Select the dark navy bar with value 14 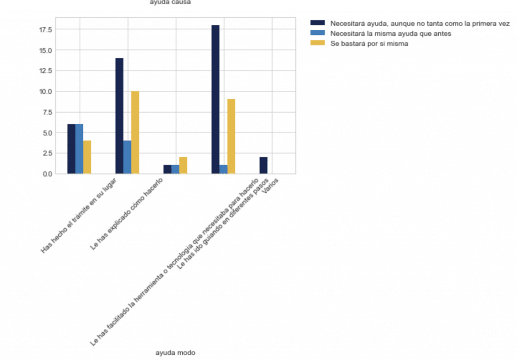click(119, 116)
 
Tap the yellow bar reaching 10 click(135, 132)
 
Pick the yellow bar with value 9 click(231, 136)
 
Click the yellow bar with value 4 click(87, 157)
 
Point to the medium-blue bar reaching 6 click(79, 149)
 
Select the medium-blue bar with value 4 click(127, 157)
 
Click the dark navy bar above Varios click(264, 165)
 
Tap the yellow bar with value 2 click(183, 165)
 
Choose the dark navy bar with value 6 click(71, 149)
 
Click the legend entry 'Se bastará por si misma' click(369, 44)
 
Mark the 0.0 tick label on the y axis click(47, 174)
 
